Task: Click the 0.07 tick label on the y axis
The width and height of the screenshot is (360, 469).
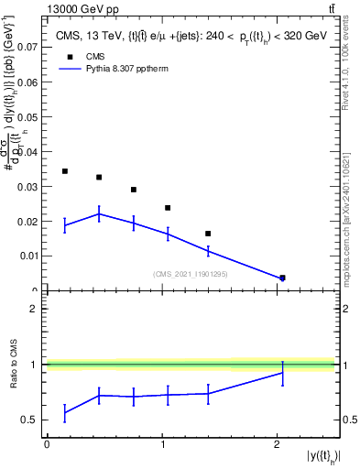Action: click(x=30, y=45)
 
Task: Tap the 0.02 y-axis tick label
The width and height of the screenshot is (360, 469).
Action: click(x=30, y=221)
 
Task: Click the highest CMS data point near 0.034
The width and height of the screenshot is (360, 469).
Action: click(x=65, y=171)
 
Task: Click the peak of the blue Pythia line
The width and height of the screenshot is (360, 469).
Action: click(x=99, y=213)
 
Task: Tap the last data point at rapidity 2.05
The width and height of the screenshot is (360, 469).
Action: click(x=282, y=278)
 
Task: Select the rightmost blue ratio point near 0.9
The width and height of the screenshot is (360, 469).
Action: click(x=282, y=372)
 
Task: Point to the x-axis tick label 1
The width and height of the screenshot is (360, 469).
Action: click(x=162, y=444)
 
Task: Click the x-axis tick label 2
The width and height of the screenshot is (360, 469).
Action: click(x=277, y=444)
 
